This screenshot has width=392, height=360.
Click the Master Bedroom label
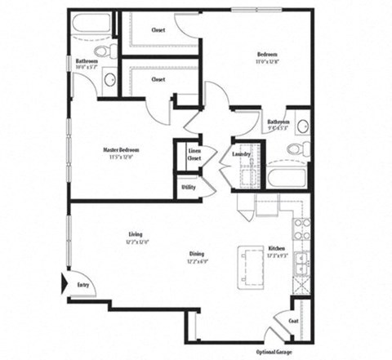[x=121, y=150]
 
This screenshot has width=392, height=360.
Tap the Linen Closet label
[x=194, y=154]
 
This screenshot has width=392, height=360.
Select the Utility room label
[x=189, y=187]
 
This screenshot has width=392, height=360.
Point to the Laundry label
[x=241, y=153]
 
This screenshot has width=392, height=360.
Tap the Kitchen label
[x=278, y=248]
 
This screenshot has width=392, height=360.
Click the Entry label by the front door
[x=83, y=284]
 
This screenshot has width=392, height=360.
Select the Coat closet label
[x=294, y=321]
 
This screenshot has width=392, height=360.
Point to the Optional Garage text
[x=274, y=352]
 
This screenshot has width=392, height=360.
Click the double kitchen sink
[x=301, y=262]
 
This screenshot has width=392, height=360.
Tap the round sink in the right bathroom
[x=301, y=127]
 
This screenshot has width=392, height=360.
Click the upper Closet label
[x=158, y=31]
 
